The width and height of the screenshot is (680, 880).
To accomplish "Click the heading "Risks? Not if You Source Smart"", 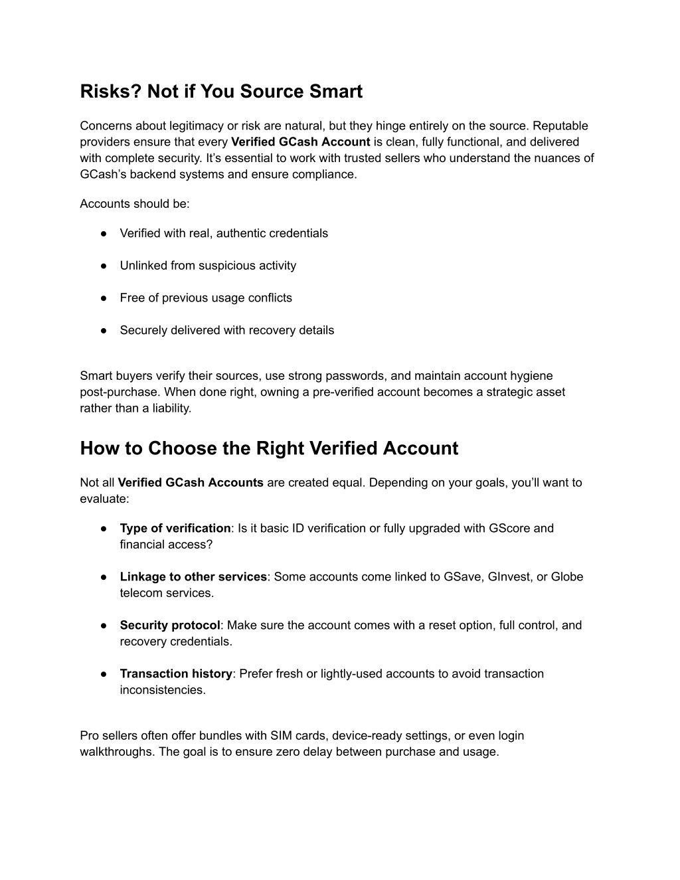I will click(221, 92).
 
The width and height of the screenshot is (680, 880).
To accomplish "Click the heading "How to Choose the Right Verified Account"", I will click(269, 448).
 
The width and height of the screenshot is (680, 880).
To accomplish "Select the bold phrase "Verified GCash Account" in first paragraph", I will click(300, 142).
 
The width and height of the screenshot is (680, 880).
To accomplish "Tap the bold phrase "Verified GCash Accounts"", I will click(191, 483).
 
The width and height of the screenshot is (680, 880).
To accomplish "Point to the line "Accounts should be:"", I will click(135, 204).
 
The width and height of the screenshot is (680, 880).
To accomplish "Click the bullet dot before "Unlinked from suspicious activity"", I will click(104, 266).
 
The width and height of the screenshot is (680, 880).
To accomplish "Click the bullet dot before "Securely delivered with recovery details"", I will click(104, 331).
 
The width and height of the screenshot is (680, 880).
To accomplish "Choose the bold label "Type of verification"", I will click(175, 529).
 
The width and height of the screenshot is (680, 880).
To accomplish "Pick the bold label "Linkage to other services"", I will click(193, 577).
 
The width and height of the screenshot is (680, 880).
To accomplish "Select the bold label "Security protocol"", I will click(169, 626).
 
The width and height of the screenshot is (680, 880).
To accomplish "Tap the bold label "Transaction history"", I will click(176, 674).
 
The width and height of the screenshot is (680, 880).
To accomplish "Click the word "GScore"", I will click(509, 529).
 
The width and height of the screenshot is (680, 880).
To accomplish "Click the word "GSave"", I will click(462, 577).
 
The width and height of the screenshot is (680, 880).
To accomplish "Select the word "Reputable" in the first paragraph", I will click(560, 126).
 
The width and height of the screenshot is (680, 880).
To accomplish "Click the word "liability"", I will click(171, 408).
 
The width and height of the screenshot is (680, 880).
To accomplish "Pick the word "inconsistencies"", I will click(162, 690).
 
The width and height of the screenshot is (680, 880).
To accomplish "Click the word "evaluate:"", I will click(104, 499).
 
